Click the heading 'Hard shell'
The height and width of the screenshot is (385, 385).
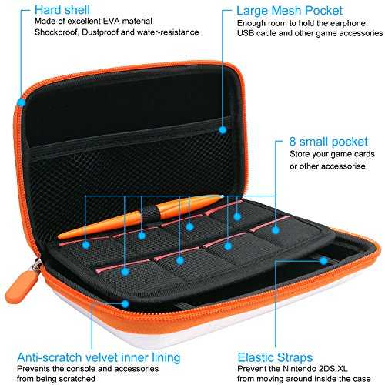tap(62, 10)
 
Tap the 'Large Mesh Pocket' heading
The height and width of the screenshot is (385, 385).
tap(290, 11)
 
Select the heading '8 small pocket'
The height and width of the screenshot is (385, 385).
tap(329, 142)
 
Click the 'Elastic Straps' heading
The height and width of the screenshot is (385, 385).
tap(275, 357)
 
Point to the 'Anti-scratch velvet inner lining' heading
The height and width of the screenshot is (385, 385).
tap(99, 357)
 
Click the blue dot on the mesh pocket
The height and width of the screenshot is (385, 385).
tap(223, 130)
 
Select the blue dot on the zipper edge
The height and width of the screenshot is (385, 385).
tap(21, 102)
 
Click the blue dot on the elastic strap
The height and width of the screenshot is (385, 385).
tap(324, 261)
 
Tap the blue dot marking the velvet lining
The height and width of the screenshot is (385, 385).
tap(125, 304)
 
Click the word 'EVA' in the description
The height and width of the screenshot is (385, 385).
tap(112, 21)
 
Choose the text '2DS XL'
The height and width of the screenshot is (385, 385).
tap(333, 369)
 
